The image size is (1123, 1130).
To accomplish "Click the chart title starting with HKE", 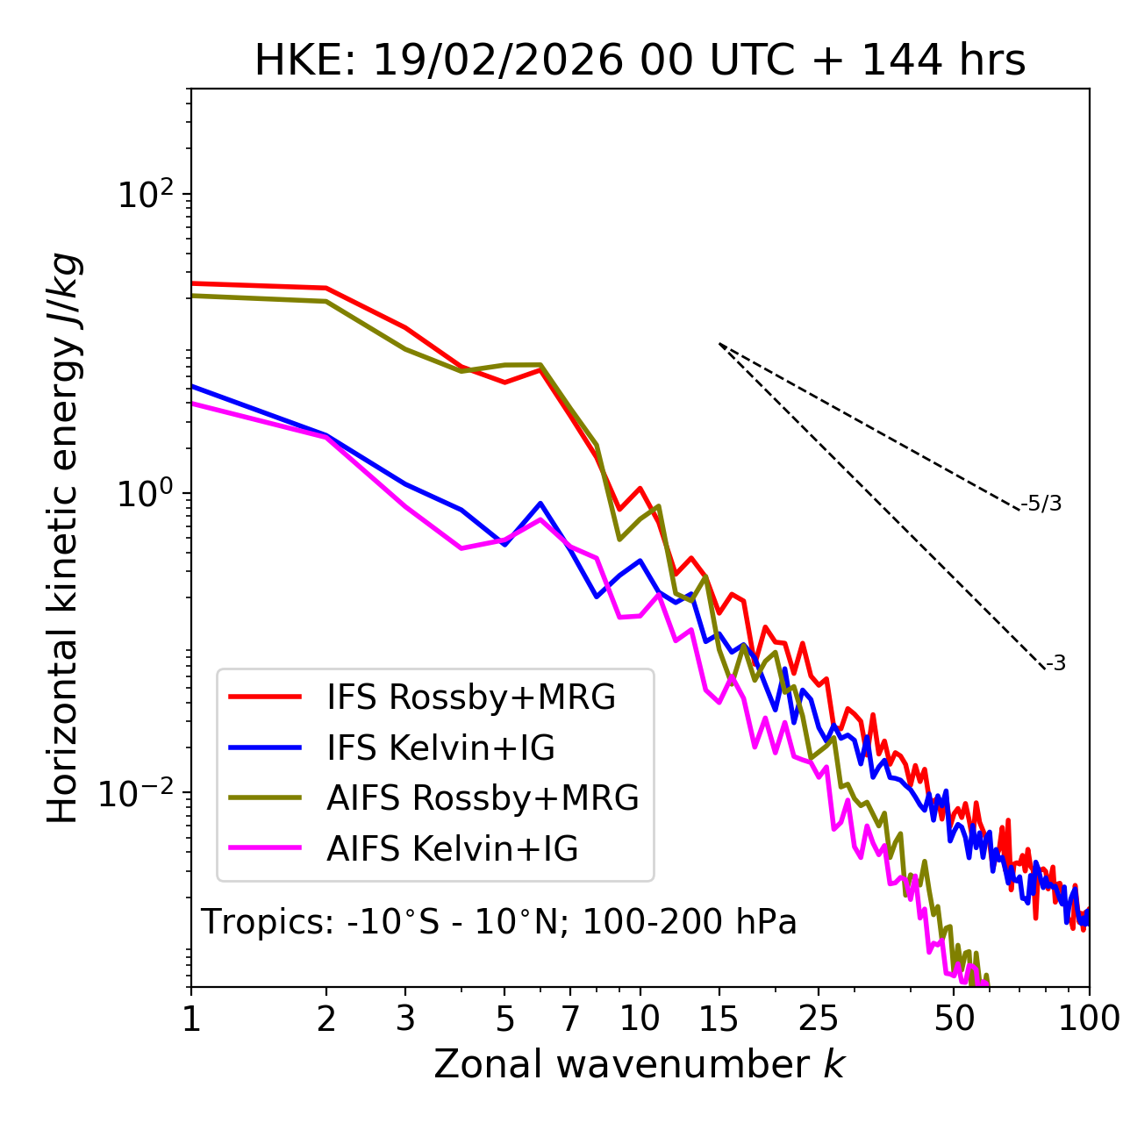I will pos(640,61).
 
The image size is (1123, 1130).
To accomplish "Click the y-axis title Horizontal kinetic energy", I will pos(64,538).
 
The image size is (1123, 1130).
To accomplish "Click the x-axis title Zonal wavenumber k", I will pos(639,1063).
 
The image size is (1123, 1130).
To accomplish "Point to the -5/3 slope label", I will pos(1041,504).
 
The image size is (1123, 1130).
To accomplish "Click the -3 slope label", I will pos(1055,663).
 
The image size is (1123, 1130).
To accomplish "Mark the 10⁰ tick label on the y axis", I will pos(144,493).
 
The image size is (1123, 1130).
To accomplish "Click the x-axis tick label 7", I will pos(570,1018).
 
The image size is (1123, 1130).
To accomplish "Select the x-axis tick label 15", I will pos(719,1018).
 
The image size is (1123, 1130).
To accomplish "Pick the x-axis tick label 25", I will pos(818,1018).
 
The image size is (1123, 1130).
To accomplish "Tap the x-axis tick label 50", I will pos(954,1018).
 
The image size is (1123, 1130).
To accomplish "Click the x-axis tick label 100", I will pos(1089,1018).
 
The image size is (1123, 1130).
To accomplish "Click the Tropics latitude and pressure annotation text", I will pos(498,922).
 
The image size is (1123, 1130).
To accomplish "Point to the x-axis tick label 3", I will pos(405,1018).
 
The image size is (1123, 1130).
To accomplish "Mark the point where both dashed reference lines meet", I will pos(719,344).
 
